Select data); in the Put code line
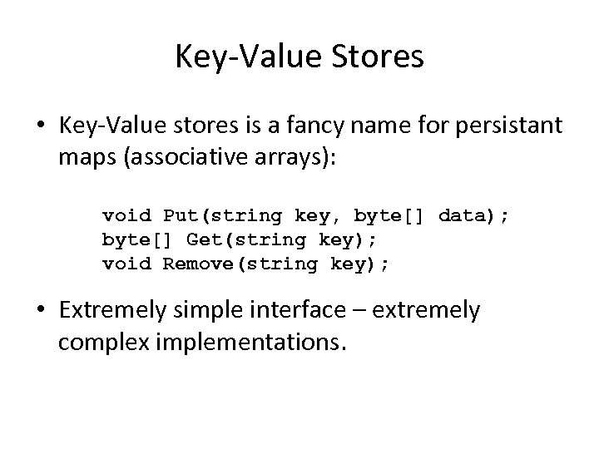(x=473, y=216)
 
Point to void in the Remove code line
(x=126, y=264)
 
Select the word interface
(x=299, y=311)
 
